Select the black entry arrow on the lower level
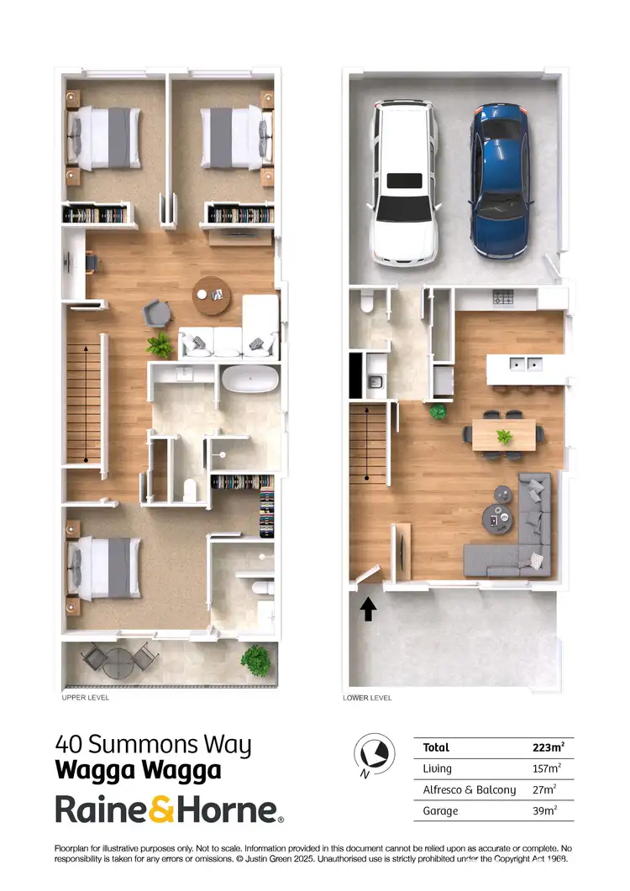(367, 609)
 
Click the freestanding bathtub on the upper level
(249, 380)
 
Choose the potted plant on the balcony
(255, 659)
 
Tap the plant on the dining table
(504, 436)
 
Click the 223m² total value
(549, 747)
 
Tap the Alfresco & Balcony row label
(470, 789)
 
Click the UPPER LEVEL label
(85, 697)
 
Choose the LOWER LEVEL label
(367, 698)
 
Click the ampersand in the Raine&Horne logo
(161, 810)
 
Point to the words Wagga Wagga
(138, 770)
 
